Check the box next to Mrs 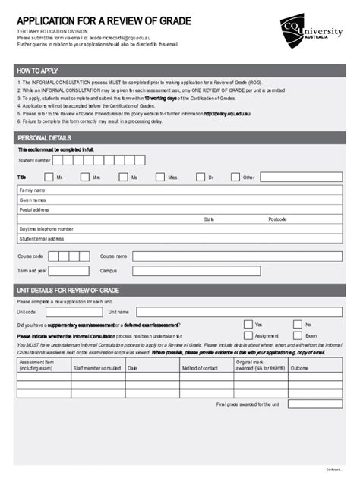point(82,177)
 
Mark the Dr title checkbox point(200,177)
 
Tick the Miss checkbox point(159,177)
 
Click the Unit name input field point(240,312)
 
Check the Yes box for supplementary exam point(248,324)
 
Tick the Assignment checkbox point(248,335)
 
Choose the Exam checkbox point(297,335)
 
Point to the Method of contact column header point(200,368)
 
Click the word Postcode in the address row point(277,219)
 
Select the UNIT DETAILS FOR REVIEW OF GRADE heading point(68,291)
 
